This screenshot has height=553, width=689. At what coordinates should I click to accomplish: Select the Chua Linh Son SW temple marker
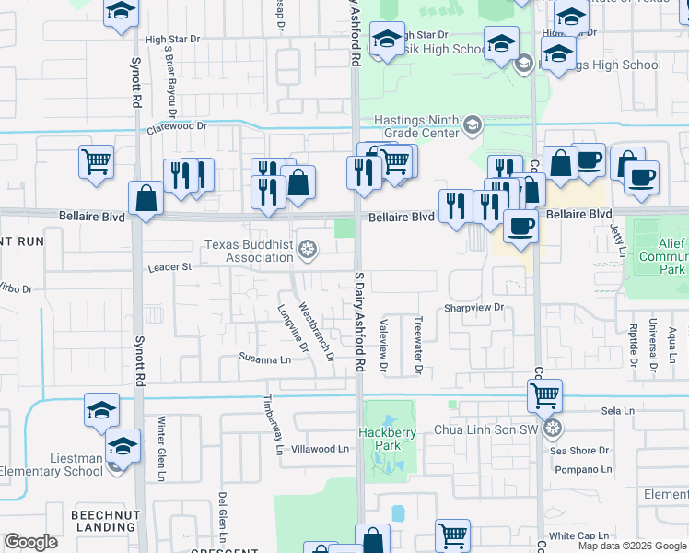click(552, 428)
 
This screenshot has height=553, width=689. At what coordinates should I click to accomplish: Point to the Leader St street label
click(169, 267)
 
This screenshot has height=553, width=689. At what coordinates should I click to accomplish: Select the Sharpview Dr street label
click(475, 307)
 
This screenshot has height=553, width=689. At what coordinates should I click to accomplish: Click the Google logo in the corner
click(31, 542)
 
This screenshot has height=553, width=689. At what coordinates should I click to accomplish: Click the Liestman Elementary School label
click(52, 464)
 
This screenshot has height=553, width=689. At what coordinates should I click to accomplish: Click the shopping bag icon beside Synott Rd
click(146, 198)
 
